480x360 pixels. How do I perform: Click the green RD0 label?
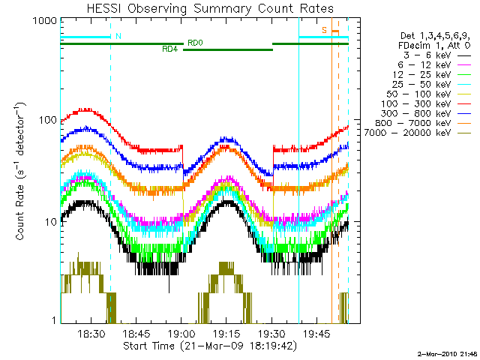194,43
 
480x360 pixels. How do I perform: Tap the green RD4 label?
169,49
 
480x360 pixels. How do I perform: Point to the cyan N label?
118,36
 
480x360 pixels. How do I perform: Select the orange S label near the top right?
325,30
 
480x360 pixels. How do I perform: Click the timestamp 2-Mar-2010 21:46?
448,352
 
